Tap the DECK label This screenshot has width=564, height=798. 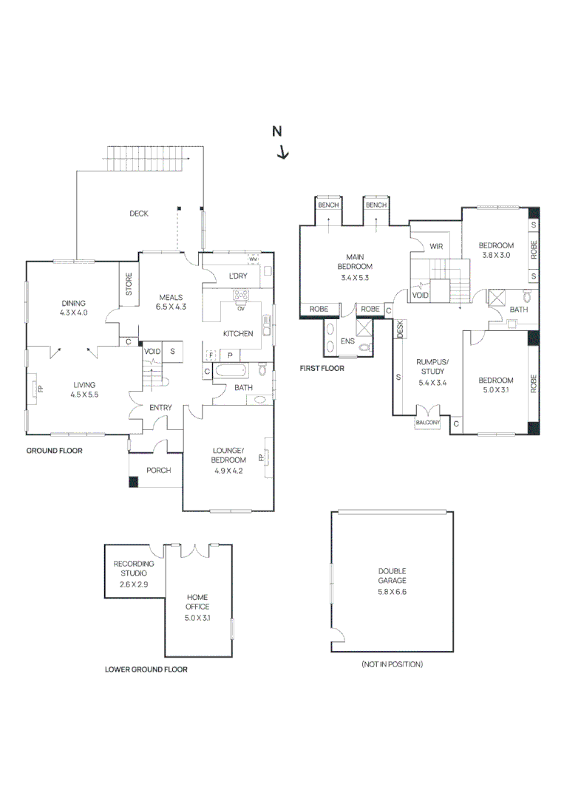click(x=139, y=214)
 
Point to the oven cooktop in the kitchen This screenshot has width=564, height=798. click(x=241, y=297)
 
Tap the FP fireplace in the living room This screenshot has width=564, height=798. click(x=40, y=388)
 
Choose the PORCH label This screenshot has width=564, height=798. click(x=158, y=470)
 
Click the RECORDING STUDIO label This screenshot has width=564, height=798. click(x=134, y=573)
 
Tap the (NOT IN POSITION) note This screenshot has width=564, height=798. click(x=392, y=664)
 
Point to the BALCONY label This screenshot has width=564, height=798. click(x=428, y=422)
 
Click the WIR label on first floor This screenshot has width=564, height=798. click(x=436, y=246)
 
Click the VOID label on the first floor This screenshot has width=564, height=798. click(x=420, y=294)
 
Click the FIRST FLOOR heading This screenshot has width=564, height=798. click(x=322, y=367)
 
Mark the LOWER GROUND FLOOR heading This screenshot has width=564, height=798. click(x=146, y=669)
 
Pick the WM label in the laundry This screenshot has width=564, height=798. click(x=253, y=260)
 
